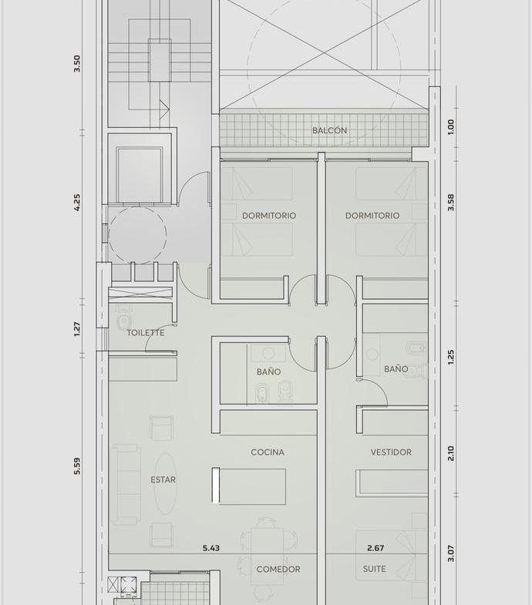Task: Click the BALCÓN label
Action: tap(329, 130)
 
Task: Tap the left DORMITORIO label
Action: tap(269, 215)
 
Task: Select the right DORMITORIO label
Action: tap(372, 215)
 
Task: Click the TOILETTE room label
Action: tap(146, 333)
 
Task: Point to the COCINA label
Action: tap(268, 452)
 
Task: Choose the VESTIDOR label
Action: tap(391, 452)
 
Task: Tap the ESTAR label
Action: tap(163, 479)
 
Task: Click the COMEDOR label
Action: tap(278, 569)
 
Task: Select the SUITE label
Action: tap(375, 569)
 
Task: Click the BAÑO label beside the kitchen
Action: tap(269, 371)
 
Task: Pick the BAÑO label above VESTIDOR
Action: tap(396, 369)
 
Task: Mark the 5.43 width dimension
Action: tap(211, 548)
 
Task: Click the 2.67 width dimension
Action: tap(375, 548)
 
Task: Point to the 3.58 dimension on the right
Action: tap(451, 202)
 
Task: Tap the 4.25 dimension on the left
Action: tap(77, 202)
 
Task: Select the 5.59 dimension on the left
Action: tap(77, 466)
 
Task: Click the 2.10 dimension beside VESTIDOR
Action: tap(451, 453)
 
